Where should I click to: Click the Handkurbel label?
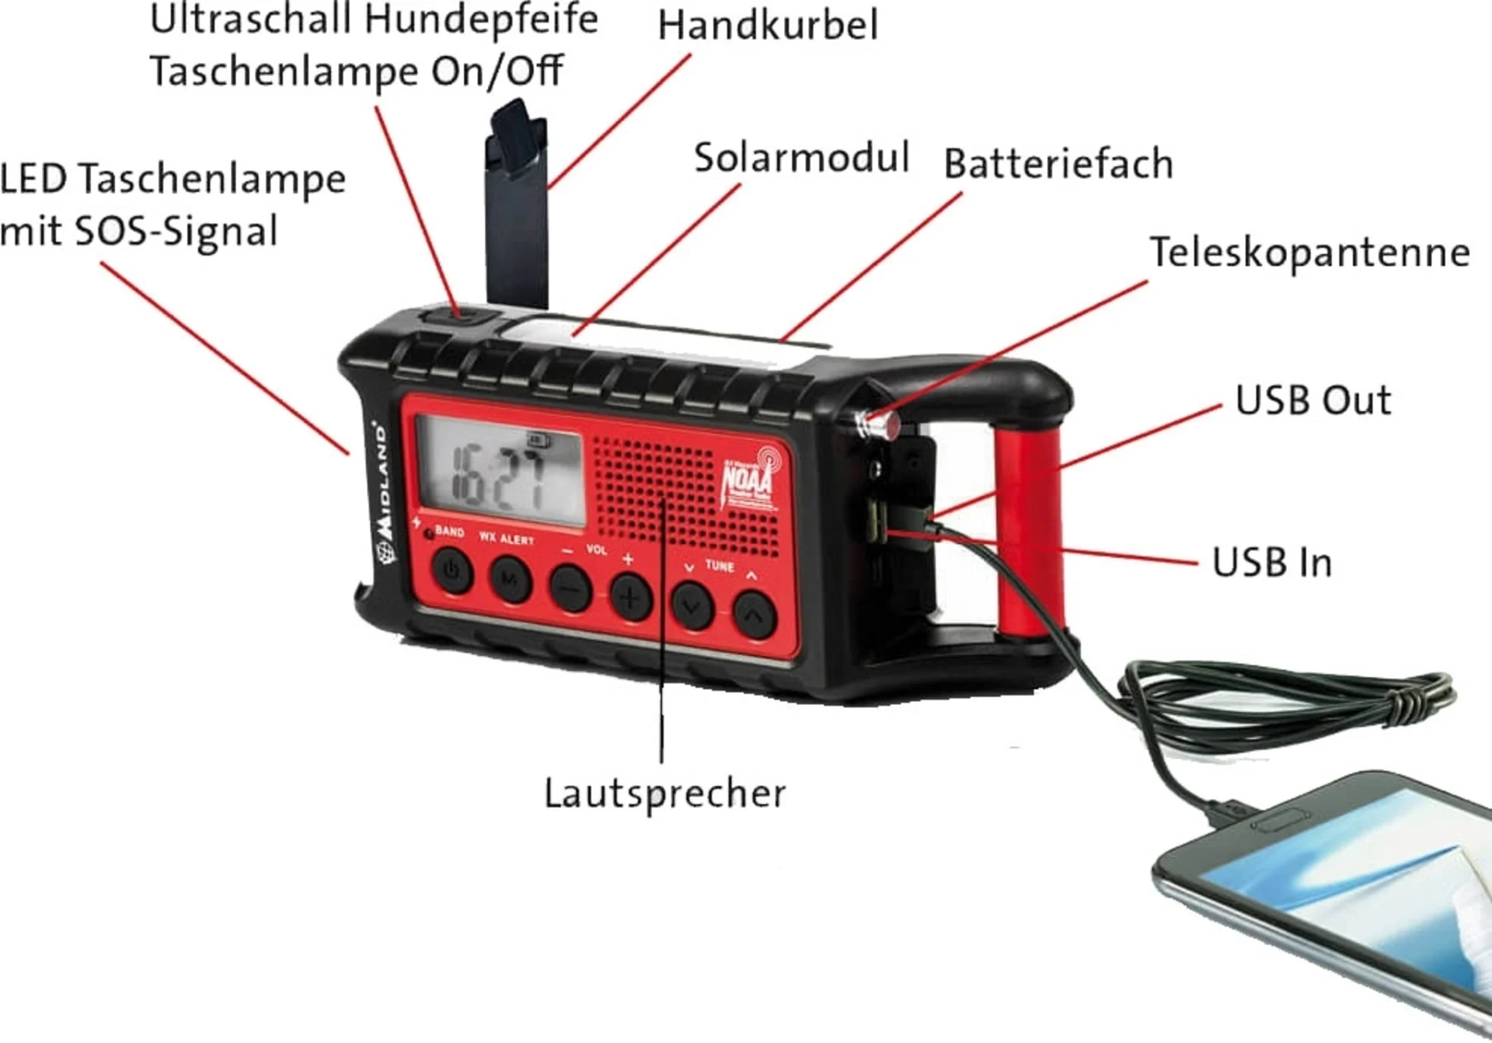tap(768, 25)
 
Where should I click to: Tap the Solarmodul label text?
tap(801, 158)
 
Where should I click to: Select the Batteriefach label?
tap(1058, 164)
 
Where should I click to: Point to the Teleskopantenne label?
tap(1309, 253)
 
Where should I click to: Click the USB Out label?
tap(1312, 400)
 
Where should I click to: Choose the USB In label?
tap(1271, 562)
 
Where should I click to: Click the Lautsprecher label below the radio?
tap(664, 794)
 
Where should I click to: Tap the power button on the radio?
tap(452, 571)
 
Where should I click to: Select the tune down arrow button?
tap(692, 605)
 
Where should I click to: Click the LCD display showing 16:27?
tap(500, 471)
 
